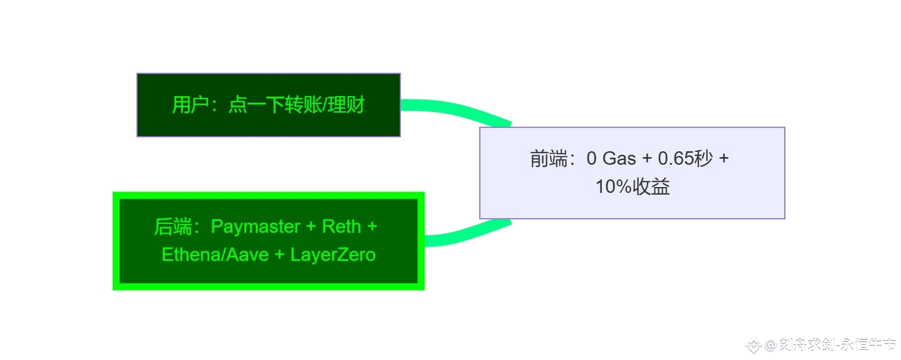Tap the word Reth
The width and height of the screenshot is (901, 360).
[x=341, y=227]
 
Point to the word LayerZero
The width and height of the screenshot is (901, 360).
[x=333, y=255]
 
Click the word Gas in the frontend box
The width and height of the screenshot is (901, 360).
[x=619, y=158]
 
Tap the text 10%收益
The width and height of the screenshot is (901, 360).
[x=632, y=187]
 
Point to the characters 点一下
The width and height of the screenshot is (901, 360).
[x=256, y=105]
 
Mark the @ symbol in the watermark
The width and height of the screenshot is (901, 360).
[x=770, y=345]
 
